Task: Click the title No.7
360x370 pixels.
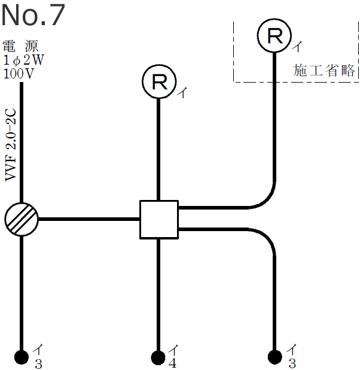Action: coord(32,16)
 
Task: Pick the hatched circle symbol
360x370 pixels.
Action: coord(22,219)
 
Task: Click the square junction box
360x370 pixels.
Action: coord(158,219)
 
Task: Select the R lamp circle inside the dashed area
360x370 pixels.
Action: coord(274,35)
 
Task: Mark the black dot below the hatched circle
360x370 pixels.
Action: coord(22,357)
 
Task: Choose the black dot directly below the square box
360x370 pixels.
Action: coord(158,357)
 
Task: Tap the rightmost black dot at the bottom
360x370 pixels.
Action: coord(275,357)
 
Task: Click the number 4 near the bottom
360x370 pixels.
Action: coord(172,363)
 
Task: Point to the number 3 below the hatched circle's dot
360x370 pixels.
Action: coord(38,363)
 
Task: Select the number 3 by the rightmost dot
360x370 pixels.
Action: coord(292,363)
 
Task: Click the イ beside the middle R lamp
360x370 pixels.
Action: coord(182,93)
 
